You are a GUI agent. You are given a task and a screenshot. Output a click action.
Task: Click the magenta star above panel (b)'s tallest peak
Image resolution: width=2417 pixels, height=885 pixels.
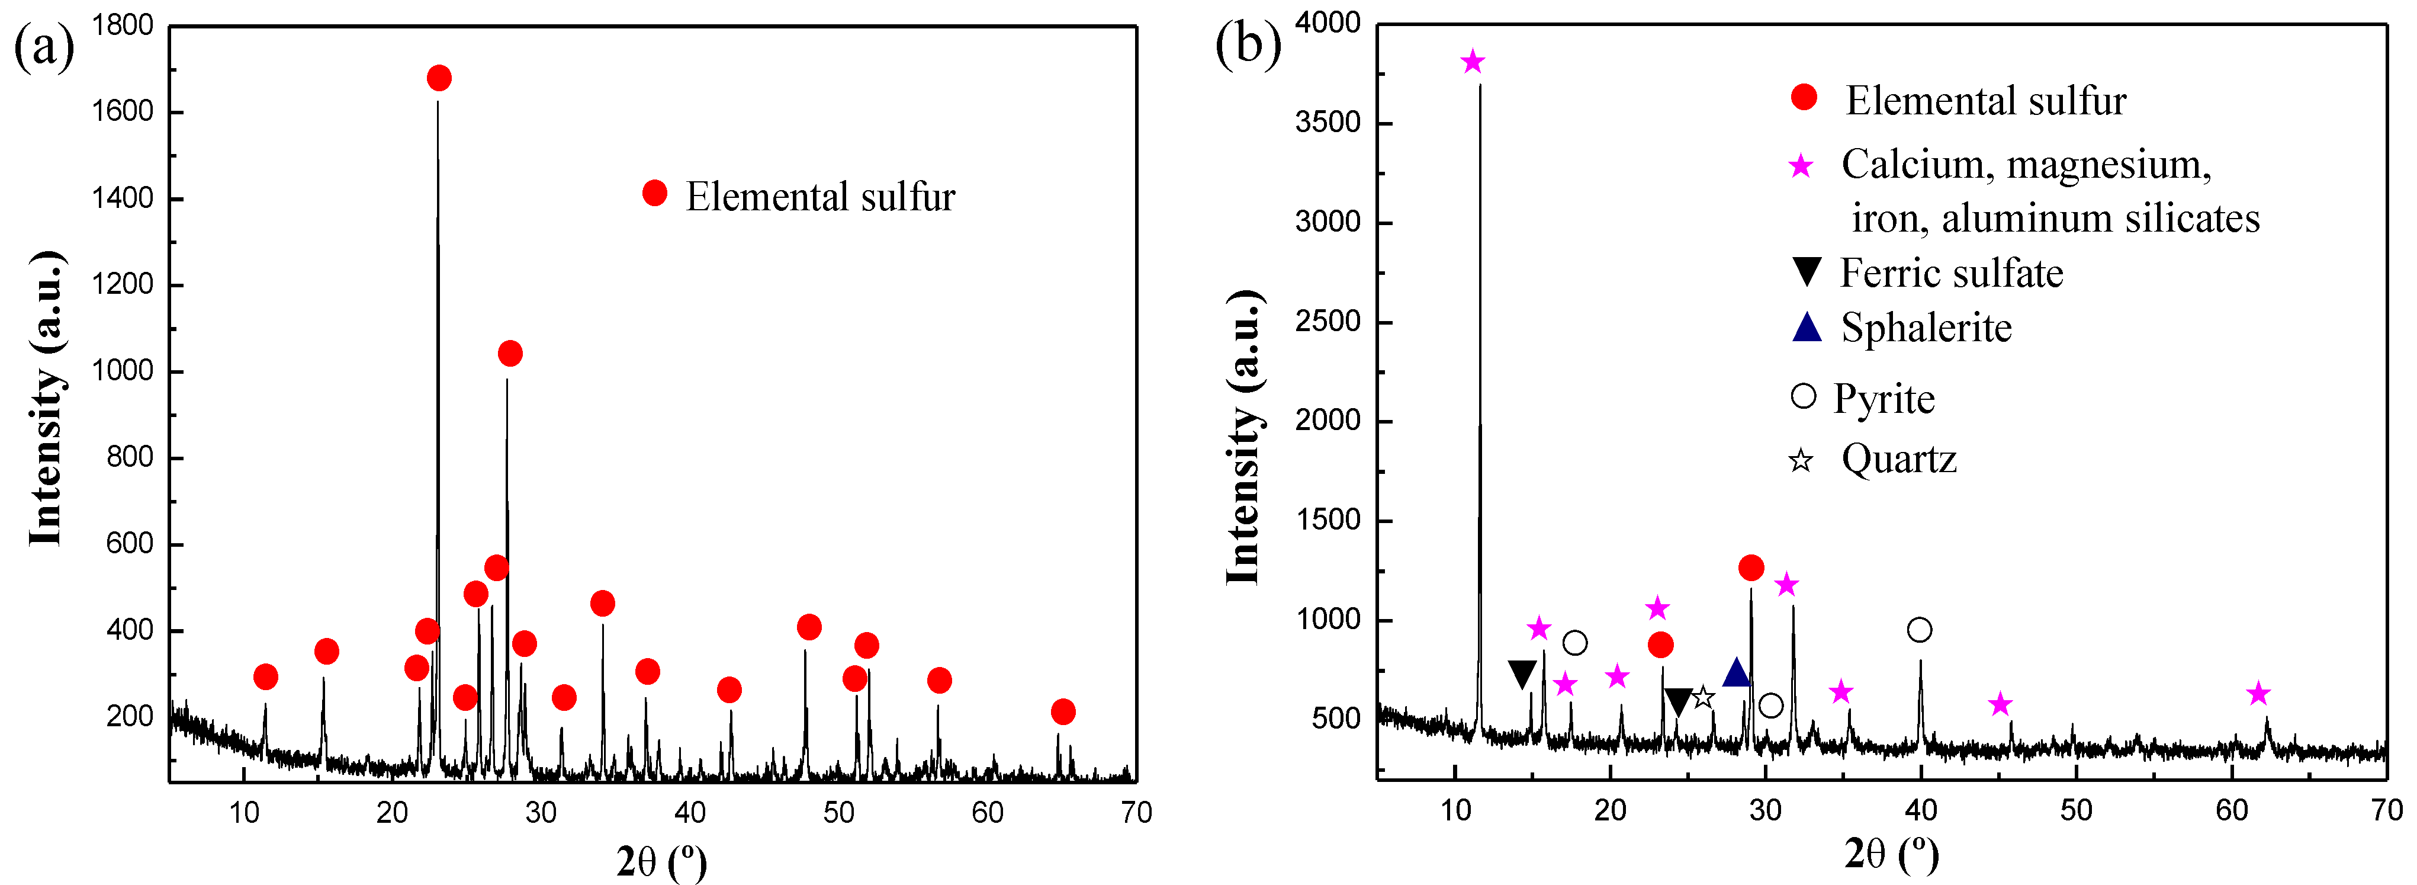1472,63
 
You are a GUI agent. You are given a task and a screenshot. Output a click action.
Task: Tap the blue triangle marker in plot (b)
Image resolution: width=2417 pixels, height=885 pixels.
1736,672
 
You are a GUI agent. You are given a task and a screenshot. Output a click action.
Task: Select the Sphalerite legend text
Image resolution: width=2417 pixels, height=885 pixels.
1926,328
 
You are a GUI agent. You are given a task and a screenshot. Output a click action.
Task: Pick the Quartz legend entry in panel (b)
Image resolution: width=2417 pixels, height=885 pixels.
1898,459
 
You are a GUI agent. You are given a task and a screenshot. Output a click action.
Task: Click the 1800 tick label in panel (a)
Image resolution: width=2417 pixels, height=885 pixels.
123,25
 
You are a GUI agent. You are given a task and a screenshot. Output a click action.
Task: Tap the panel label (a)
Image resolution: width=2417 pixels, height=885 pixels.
43,47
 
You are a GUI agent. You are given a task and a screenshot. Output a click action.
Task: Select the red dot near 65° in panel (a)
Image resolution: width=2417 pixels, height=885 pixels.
1062,711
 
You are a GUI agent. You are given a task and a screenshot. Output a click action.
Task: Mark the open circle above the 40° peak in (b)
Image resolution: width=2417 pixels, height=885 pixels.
1919,630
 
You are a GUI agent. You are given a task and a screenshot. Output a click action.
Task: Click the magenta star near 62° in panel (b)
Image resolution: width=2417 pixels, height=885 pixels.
2258,694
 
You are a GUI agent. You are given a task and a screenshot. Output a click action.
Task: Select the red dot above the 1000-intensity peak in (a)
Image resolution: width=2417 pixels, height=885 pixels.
509,354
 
